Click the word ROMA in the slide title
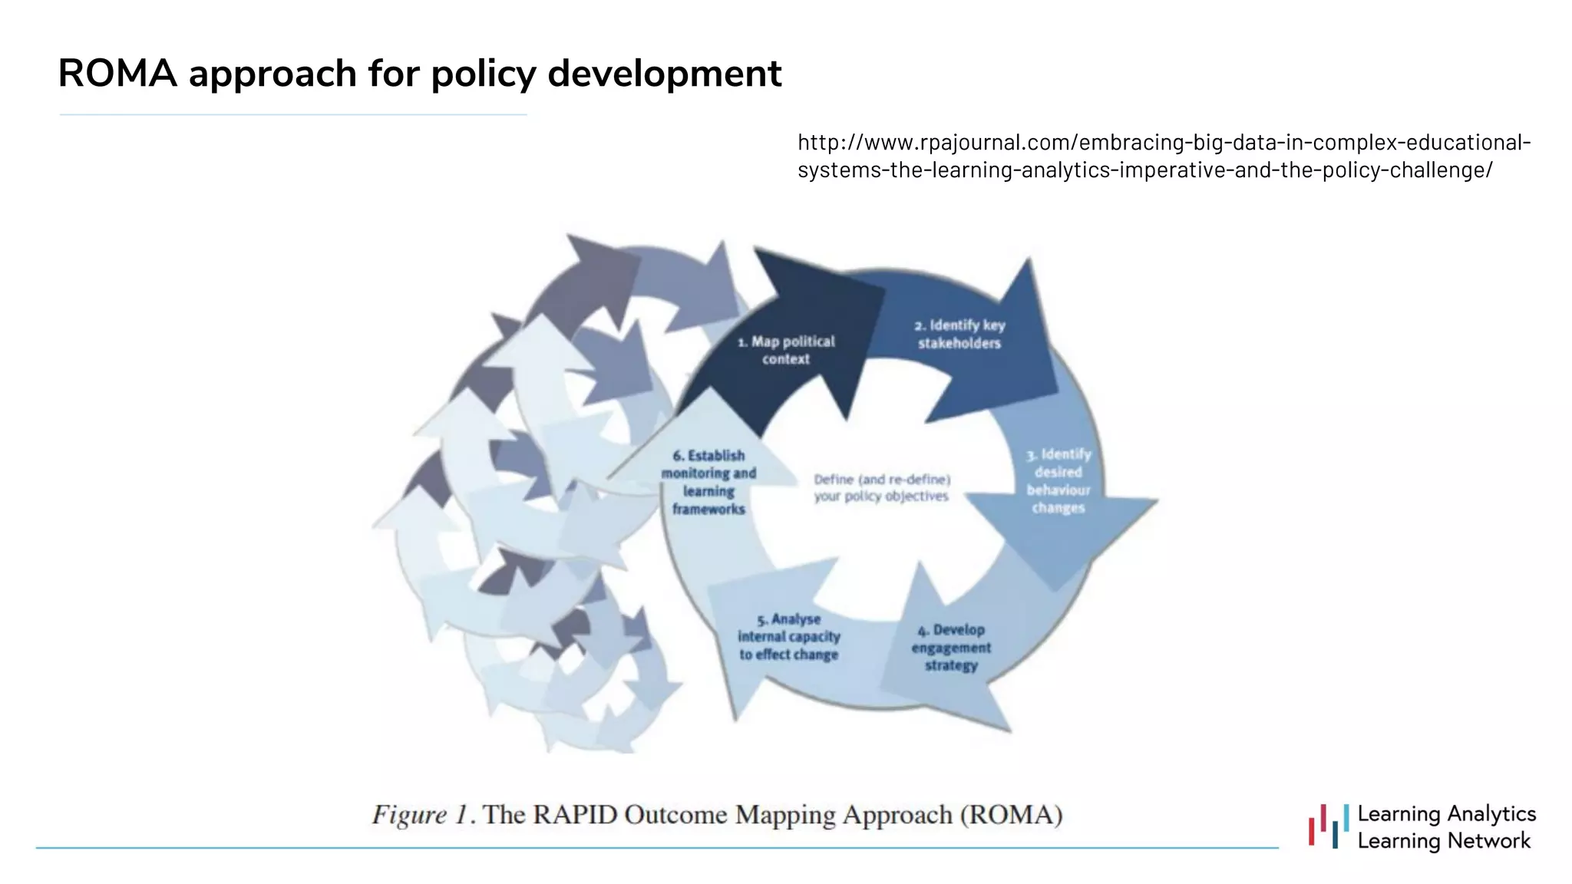point(117,74)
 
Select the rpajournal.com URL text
point(1164,156)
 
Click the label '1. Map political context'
point(786,350)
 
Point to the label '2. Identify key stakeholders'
point(959,334)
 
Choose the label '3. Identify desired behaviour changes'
point(1058,481)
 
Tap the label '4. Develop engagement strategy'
point(951,647)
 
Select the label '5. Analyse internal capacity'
point(789,636)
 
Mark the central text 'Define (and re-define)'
point(882,480)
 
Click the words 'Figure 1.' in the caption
point(420,814)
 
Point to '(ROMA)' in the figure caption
point(1011,814)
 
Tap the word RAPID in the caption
point(574,814)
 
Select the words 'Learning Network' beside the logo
point(1444,841)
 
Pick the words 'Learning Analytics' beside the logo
point(1446,813)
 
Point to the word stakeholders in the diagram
point(959,344)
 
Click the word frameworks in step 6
point(708,509)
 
